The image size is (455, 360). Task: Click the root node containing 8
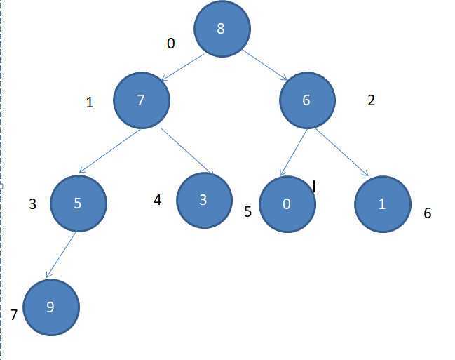pos(222,29)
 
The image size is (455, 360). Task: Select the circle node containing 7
pos(141,100)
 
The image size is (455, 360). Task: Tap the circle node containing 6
pos(306,100)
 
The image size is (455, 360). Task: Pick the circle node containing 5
pos(78,204)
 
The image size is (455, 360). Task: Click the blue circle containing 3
pos(203,199)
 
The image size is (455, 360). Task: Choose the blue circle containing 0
pos(287,204)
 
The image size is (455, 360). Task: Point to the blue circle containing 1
pos(382,204)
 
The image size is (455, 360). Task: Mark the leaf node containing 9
pos(50,307)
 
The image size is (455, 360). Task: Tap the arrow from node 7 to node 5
pos(110,151)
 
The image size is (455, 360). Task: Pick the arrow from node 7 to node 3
pos(187,151)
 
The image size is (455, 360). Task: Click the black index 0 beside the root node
pos(170,44)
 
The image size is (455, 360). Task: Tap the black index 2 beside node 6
pos(371,100)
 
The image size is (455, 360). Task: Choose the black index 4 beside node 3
pos(158,200)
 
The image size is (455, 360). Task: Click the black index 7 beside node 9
pos(14,315)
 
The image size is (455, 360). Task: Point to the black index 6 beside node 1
pos(427,213)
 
